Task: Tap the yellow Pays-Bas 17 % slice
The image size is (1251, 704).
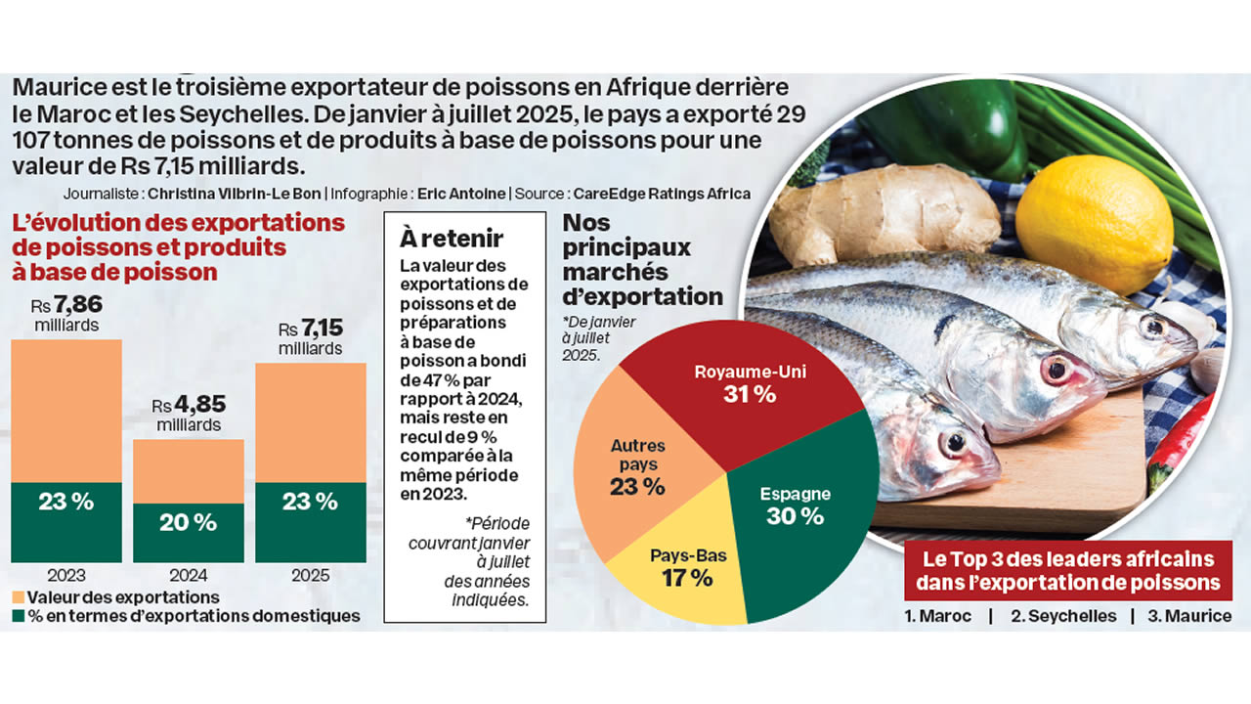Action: (x=674, y=567)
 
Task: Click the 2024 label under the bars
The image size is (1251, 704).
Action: (x=189, y=575)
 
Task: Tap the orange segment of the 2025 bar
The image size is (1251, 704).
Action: (x=311, y=422)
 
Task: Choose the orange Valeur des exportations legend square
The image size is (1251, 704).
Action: (x=18, y=596)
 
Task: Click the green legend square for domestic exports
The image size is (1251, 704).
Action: (x=18, y=616)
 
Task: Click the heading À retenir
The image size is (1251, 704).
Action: (x=452, y=238)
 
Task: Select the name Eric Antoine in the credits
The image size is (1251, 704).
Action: (x=460, y=194)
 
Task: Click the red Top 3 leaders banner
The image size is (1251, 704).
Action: (x=1067, y=571)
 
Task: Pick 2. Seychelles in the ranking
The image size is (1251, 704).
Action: (x=1063, y=616)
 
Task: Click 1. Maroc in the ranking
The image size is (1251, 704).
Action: (x=938, y=616)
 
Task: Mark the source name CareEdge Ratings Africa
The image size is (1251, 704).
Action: (x=662, y=194)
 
